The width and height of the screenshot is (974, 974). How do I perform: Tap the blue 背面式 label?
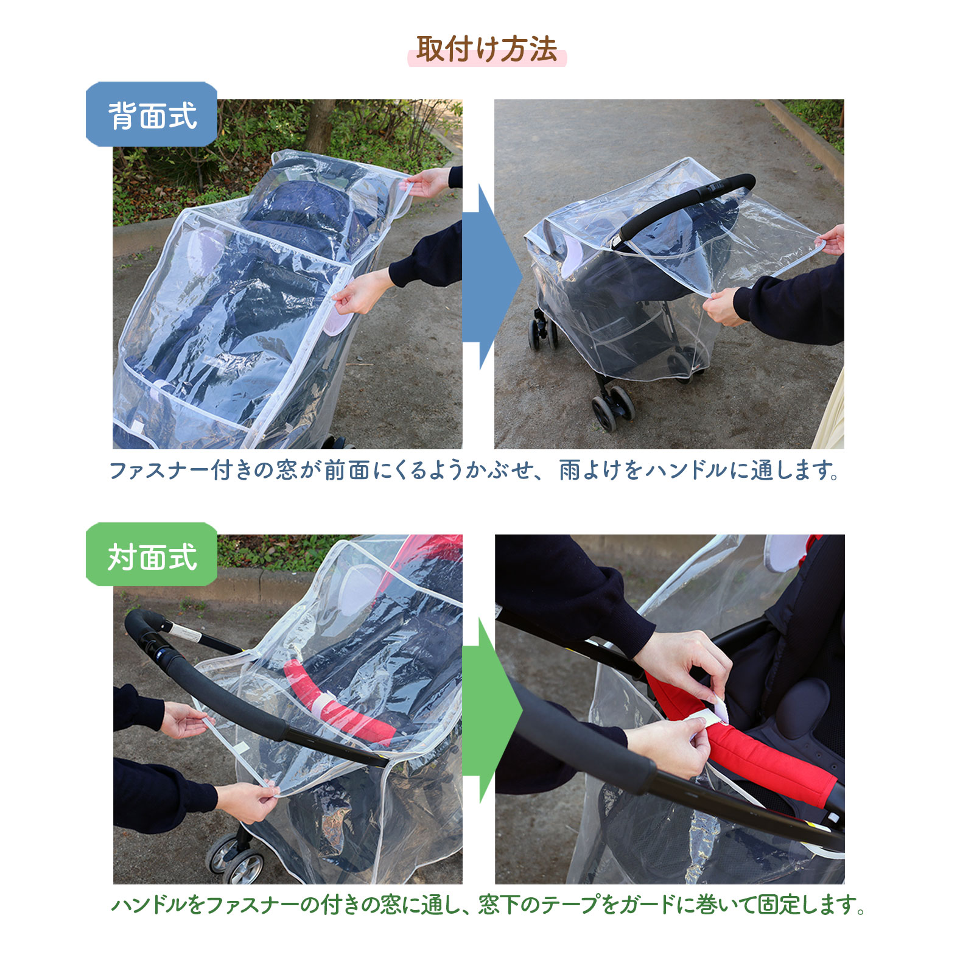point(152,115)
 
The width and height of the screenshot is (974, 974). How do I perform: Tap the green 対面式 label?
point(152,556)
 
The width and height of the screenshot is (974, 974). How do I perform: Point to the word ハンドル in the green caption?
point(149,905)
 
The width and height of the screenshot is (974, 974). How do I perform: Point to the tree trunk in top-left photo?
point(320,125)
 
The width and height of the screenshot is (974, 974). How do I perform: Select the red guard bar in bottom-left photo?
point(341,706)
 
